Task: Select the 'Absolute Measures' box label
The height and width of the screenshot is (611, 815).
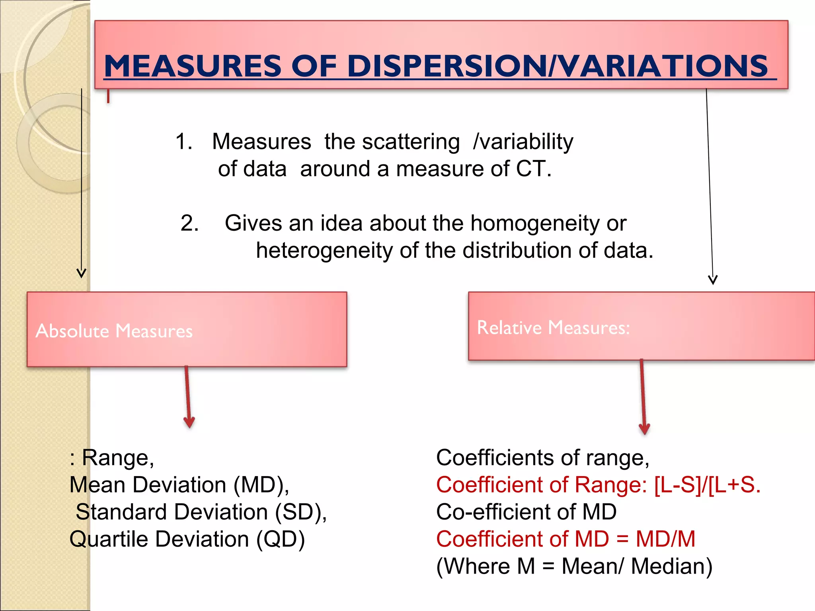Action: (114, 331)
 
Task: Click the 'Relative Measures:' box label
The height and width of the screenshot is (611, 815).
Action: (553, 328)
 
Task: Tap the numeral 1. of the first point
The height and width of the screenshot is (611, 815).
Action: (184, 142)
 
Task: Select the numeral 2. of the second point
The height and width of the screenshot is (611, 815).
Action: (189, 223)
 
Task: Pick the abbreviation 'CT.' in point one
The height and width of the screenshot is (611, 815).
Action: (533, 169)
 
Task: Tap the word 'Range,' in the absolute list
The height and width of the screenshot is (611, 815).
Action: (118, 458)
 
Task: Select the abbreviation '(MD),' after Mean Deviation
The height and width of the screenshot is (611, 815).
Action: (261, 485)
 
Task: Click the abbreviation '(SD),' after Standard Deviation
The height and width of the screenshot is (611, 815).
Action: (301, 512)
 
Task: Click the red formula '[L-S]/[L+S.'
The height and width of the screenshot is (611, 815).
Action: (707, 485)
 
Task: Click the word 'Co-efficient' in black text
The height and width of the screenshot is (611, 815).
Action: (493, 512)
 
